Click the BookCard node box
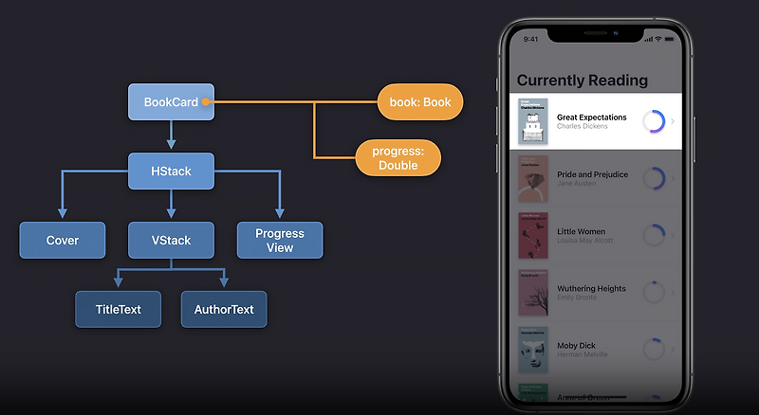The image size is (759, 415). [171, 102]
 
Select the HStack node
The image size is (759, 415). [171, 171]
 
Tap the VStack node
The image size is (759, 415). [171, 241]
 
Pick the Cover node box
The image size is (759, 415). [63, 241]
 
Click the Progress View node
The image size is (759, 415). [280, 241]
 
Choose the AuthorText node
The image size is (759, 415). [224, 310]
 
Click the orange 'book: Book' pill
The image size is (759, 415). [419, 102]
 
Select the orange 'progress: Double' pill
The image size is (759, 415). [398, 157]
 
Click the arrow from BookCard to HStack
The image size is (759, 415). [171, 136]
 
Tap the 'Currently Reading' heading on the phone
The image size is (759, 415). [582, 81]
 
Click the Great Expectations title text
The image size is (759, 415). [591, 117]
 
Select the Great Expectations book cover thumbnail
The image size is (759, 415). [533, 121]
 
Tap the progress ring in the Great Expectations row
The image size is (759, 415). [654, 121]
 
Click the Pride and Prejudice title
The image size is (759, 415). [591, 174]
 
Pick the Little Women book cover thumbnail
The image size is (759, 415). [533, 235]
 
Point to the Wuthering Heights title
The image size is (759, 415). [590, 288]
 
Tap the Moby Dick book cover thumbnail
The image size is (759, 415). [533, 350]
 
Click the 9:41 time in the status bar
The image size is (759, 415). [530, 40]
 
